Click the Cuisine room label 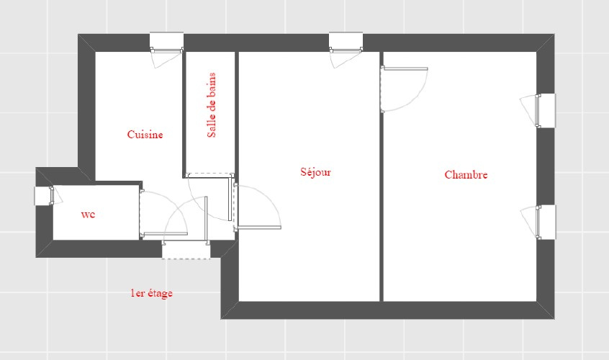(145, 135)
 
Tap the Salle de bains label (212, 105)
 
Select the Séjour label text (315, 172)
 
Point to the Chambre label (466, 175)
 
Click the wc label (88, 215)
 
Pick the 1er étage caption (151, 293)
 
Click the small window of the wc (48, 195)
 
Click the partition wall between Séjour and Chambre (382, 176)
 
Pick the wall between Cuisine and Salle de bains (184, 114)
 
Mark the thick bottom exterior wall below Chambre (389, 310)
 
